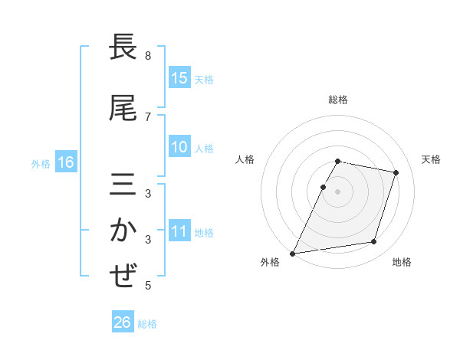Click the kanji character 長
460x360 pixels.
(x=123, y=48)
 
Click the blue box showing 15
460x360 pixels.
(x=179, y=78)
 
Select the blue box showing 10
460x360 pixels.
(x=179, y=147)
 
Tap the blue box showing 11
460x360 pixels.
(x=179, y=231)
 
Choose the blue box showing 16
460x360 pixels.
(x=65, y=162)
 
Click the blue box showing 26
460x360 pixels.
(x=123, y=322)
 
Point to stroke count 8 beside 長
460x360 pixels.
(x=148, y=56)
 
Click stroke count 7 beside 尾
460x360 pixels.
(x=148, y=116)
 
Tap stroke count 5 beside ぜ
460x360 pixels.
(x=148, y=286)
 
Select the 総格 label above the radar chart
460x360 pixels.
(x=338, y=100)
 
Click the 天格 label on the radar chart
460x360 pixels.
(x=431, y=159)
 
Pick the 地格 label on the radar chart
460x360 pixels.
(x=402, y=263)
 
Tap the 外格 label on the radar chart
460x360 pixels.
(x=270, y=263)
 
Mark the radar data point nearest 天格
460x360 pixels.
(x=396, y=173)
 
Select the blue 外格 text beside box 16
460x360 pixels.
(x=41, y=163)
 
